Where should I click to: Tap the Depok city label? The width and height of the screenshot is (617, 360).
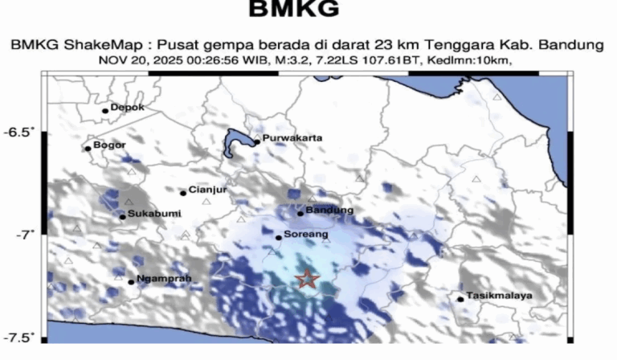127,107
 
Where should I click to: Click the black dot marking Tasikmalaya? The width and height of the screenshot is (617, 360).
460,300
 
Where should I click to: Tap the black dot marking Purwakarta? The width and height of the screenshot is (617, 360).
256,143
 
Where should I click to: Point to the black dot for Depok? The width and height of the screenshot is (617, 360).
105,111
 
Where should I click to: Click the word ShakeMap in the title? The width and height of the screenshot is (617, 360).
85,45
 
